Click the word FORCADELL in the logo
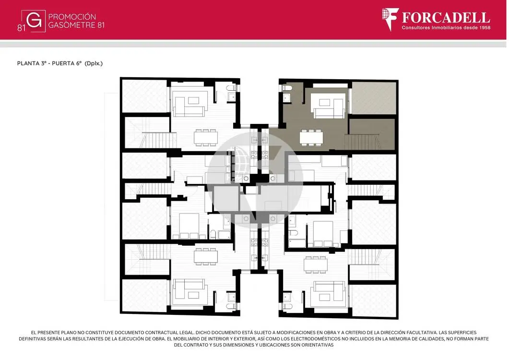(x=446, y=18)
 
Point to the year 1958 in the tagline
(x=485, y=28)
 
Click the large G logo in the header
(x=34, y=21)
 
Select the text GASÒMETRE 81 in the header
(x=76, y=25)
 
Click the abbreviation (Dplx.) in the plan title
(x=94, y=63)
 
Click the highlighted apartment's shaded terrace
(x=374, y=98)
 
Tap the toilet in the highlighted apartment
(x=287, y=88)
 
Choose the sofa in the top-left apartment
(x=190, y=103)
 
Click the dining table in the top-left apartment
(x=206, y=138)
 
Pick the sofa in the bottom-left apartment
(x=190, y=292)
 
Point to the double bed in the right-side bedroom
(x=323, y=234)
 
